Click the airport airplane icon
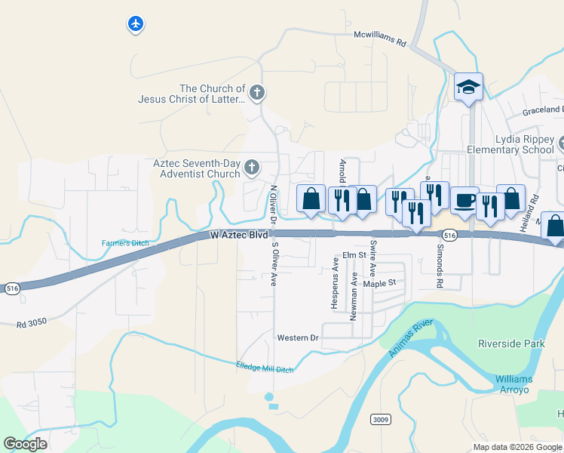(x=136, y=25)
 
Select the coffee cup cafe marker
(x=464, y=200)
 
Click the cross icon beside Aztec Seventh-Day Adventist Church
(x=253, y=168)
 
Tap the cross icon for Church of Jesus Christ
(x=257, y=94)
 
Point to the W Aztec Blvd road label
(x=239, y=236)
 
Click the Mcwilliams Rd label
(x=380, y=39)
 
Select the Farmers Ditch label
(x=126, y=243)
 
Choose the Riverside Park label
(x=511, y=344)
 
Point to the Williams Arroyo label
(x=513, y=384)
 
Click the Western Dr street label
(x=298, y=337)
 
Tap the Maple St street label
(x=379, y=283)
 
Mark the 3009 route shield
(x=381, y=419)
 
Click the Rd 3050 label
(x=32, y=323)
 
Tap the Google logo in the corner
(x=26, y=444)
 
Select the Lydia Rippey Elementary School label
(x=526, y=144)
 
